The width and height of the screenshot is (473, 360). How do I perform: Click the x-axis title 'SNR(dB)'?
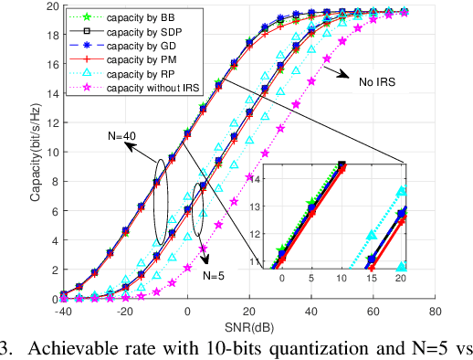(x=248, y=327)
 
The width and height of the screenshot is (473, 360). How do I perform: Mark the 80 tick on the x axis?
(x=436, y=312)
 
